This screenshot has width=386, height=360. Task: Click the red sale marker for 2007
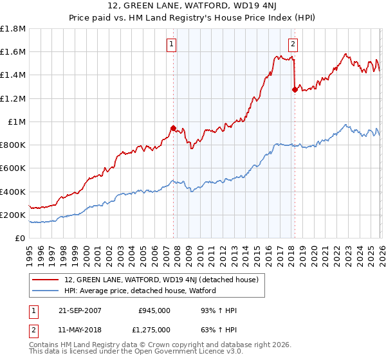click(173, 128)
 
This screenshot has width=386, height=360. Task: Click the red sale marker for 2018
click(294, 90)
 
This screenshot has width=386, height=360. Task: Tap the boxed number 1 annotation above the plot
click(172, 44)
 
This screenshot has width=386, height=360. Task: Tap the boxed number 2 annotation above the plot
click(293, 44)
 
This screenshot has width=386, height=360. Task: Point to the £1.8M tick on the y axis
click(13, 29)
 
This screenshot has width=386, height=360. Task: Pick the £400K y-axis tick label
click(13, 192)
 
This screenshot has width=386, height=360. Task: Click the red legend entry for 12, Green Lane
click(161, 280)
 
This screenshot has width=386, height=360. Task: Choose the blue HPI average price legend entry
click(140, 291)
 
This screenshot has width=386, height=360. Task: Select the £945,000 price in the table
click(154, 310)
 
